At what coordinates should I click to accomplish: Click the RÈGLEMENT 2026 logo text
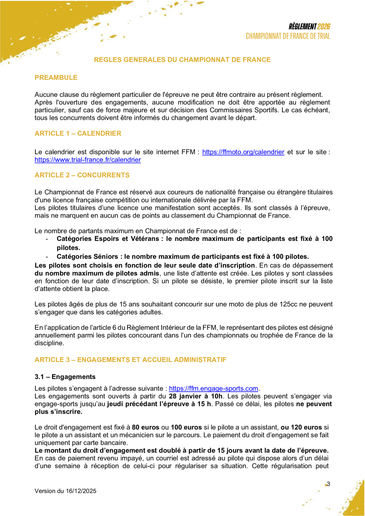click(309, 27)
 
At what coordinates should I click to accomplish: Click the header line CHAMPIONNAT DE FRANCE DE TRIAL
click(288, 36)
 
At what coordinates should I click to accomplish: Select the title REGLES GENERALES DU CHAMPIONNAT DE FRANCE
click(182, 60)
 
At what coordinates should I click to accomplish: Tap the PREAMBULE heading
click(56, 78)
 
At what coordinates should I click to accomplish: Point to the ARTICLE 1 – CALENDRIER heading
click(78, 133)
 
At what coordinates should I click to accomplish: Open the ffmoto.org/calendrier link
click(243, 152)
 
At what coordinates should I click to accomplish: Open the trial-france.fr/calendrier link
click(88, 160)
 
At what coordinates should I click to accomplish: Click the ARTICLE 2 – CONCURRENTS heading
click(82, 175)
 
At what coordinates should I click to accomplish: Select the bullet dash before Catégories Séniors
click(47, 256)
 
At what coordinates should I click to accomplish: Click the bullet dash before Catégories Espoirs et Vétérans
click(47, 239)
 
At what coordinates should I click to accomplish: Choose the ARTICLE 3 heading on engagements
click(130, 360)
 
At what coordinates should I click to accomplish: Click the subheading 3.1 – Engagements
click(65, 377)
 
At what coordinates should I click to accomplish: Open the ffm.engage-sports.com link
click(214, 388)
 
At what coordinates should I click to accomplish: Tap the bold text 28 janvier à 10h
click(195, 396)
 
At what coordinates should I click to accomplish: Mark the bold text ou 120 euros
click(301, 427)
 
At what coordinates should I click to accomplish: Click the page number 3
click(328, 484)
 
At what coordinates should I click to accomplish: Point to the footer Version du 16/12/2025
click(66, 491)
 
